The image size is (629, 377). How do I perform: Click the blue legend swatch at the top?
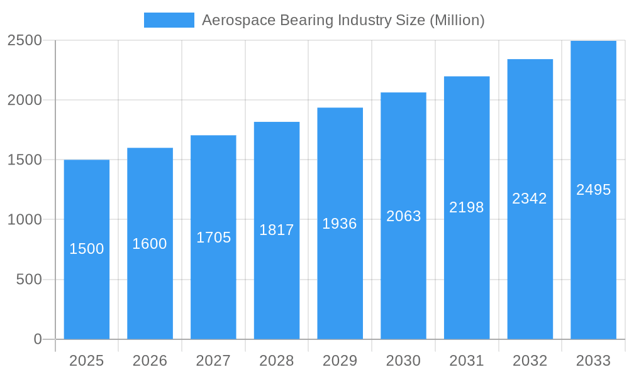pos(169,20)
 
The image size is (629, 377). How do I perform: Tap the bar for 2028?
pos(277,283)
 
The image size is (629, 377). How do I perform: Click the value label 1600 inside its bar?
pos(150,244)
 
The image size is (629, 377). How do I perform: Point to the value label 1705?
pos(213,238)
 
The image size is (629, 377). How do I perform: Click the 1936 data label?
pos(340,224)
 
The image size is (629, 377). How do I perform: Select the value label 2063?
pos(403,216)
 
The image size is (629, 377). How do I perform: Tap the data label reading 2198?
pos(467,207)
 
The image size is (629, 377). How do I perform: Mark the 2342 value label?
pos(530,199)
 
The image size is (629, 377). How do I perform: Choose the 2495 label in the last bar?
pos(593,190)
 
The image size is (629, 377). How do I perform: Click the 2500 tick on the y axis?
pos(25,40)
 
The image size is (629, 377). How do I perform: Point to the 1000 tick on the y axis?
pos(25,220)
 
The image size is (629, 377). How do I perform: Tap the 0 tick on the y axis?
pos(37,339)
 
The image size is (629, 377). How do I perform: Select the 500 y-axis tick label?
pos(28,280)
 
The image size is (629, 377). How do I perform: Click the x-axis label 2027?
pos(213,361)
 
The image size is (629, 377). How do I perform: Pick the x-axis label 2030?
pos(403,361)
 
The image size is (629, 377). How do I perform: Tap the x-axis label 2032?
pos(530,361)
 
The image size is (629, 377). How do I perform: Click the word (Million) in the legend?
pos(457,20)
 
